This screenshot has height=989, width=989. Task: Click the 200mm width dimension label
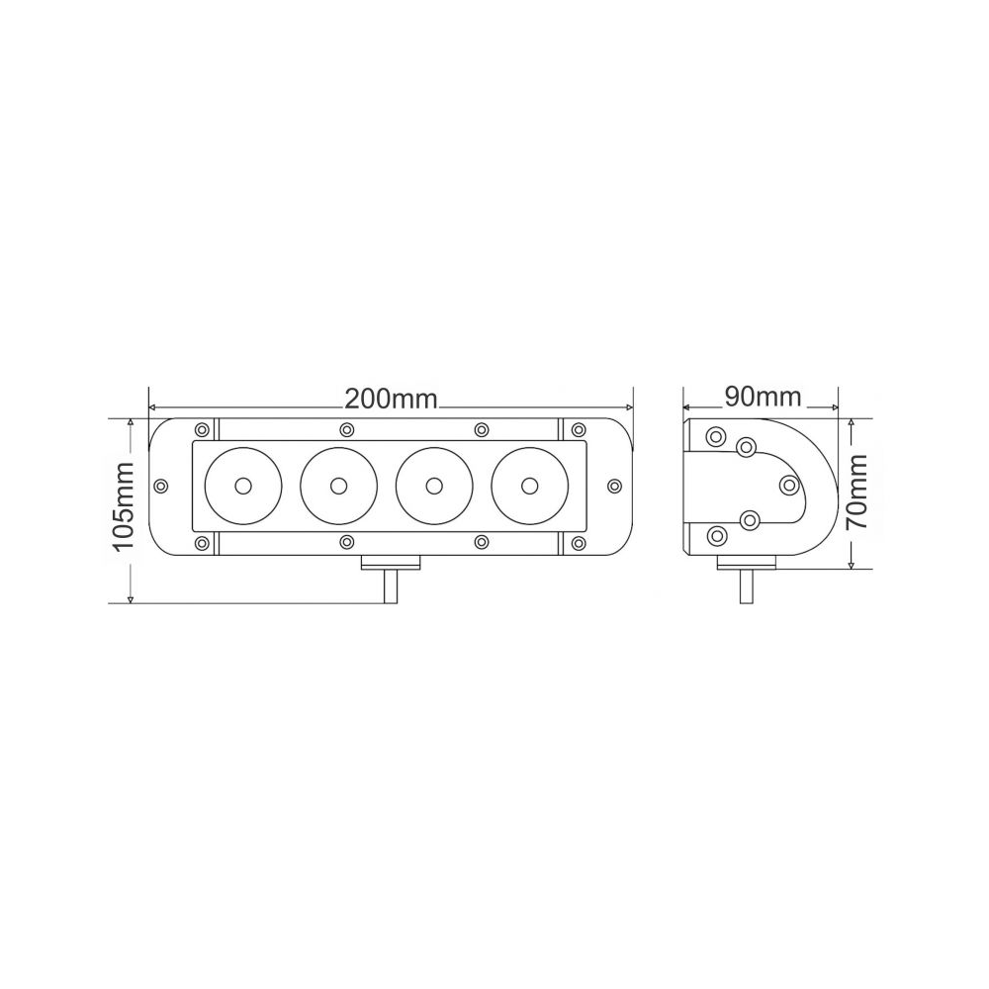pyautogui.click(x=391, y=399)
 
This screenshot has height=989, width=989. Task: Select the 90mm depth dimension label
pyautogui.click(x=762, y=397)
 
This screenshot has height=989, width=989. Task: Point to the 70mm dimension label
pyautogui.click(x=857, y=492)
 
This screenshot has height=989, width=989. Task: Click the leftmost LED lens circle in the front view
pyautogui.click(x=243, y=486)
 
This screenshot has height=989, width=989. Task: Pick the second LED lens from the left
pyautogui.click(x=338, y=486)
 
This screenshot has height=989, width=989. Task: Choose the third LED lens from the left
pyautogui.click(x=434, y=486)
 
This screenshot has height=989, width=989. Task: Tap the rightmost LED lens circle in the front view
pyautogui.click(x=529, y=486)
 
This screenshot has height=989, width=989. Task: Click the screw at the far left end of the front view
pyautogui.click(x=161, y=486)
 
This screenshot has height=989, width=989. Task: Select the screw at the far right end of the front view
pyautogui.click(x=615, y=486)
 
